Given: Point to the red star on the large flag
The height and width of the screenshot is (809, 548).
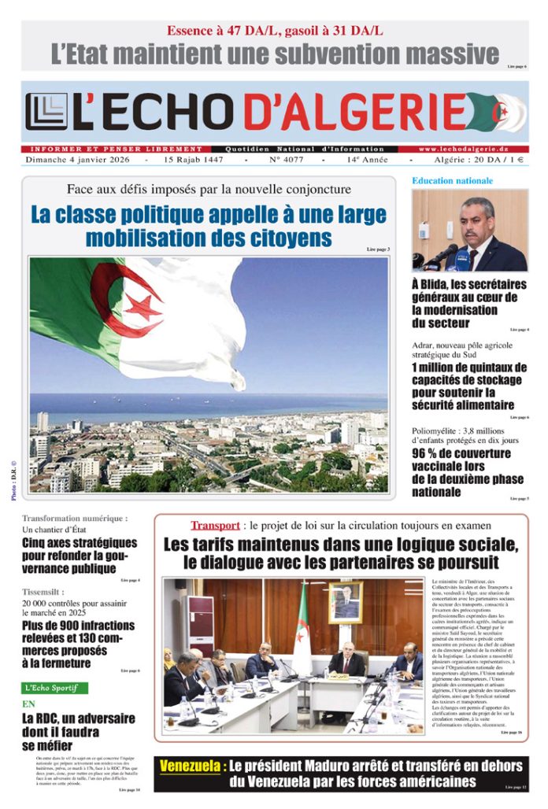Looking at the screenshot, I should pyautogui.click(x=144, y=305).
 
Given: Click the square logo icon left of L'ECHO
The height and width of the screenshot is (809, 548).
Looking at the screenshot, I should pyautogui.click(x=46, y=112).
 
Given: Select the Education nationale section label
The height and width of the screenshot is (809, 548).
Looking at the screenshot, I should pyautogui.click(x=452, y=181).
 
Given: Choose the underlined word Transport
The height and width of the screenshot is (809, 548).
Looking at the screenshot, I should pyautogui.click(x=214, y=525).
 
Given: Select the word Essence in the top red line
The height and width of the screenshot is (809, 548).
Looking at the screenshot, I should pyautogui.click(x=193, y=31).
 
